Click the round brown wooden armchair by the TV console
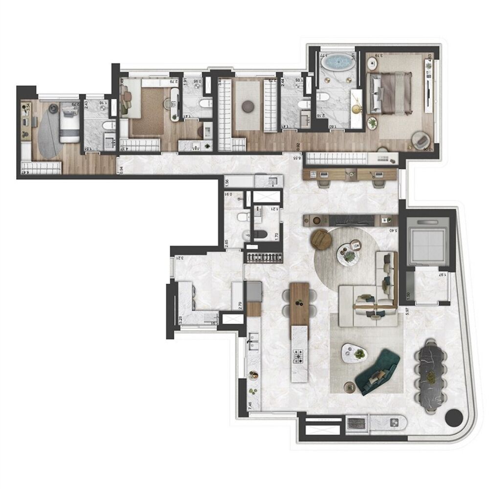coord(322,240)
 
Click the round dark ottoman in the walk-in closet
coord(248,106)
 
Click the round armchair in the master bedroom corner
coord(420,139)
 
